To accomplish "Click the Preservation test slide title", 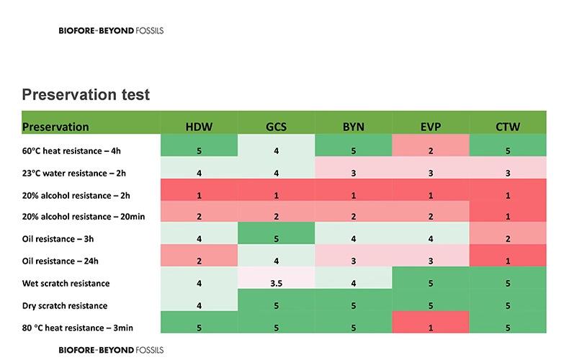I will pyautogui.click(x=86, y=95).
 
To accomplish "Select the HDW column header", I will pyautogui.click(x=199, y=127).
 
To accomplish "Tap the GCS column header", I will pyautogui.click(x=276, y=127).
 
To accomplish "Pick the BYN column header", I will pyautogui.click(x=353, y=127).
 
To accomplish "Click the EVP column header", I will pyautogui.click(x=430, y=127).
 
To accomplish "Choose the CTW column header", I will pyautogui.click(x=507, y=127).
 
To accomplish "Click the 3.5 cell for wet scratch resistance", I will pyautogui.click(x=276, y=283).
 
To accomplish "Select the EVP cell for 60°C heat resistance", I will pyautogui.click(x=430, y=151).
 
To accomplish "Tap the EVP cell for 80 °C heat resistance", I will pyautogui.click(x=430, y=328).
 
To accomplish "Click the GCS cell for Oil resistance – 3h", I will pyautogui.click(x=276, y=238).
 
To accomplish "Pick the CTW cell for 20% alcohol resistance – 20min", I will pyautogui.click(x=507, y=217).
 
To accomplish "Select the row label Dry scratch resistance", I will pyautogui.click(x=66, y=305).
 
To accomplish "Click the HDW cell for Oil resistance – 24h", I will pyautogui.click(x=199, y=261).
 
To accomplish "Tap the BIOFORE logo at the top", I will pyautogui.click(x=115, y=31).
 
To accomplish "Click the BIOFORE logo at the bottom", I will pyautogui.click(x=111, y=350).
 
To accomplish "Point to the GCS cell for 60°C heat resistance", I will pyautogui.click(x=276, y=151).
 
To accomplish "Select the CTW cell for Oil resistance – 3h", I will pyautogui.click(x=507, y=238).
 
